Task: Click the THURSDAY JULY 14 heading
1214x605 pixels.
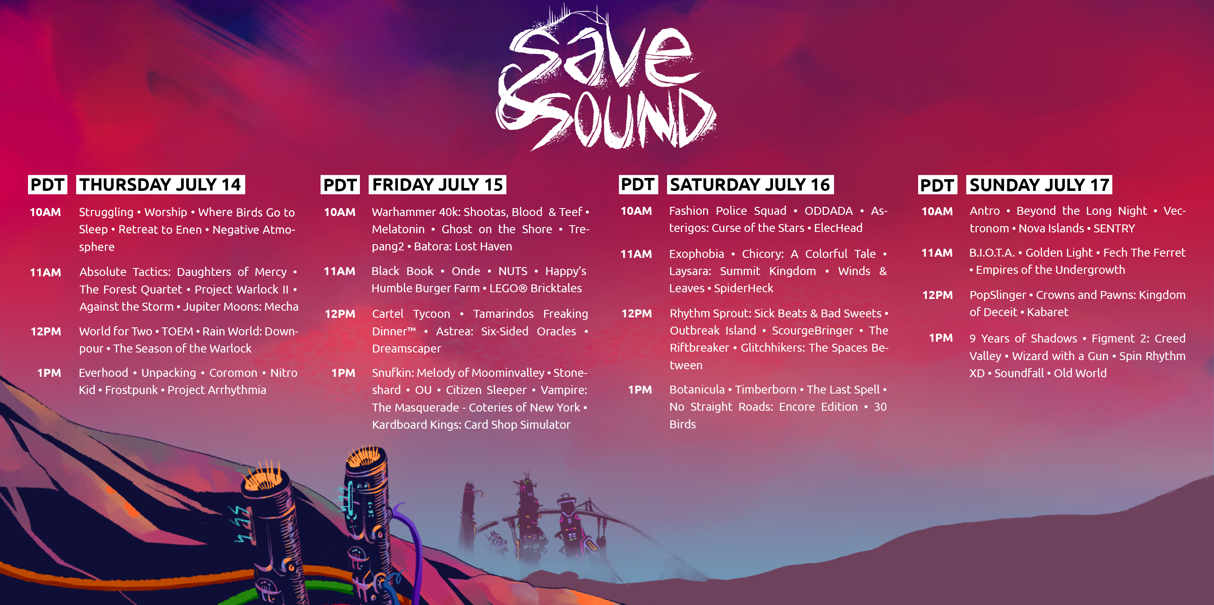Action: (160, 184)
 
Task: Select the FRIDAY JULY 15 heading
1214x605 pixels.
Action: (437, 184)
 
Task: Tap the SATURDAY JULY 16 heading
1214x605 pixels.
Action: (750, 184)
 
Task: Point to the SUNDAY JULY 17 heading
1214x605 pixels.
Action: (1039, 184)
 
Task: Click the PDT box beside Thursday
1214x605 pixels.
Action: (48, 184)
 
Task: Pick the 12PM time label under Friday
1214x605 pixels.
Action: (340, 314)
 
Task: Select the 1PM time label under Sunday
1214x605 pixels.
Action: (941, 338)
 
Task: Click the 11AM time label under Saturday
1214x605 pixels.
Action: (636, 254)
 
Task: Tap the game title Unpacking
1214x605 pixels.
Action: (169, 373)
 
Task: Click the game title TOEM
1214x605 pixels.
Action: (177, 332)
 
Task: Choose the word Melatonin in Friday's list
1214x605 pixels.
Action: (398, 229)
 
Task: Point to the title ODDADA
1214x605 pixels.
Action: (829, 211)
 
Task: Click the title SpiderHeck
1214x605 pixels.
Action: (743, 288)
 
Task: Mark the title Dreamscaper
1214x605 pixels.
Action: (407, 349)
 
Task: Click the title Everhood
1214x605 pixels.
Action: (103, 373)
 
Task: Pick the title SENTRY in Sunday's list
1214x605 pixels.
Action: (1114, 229)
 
